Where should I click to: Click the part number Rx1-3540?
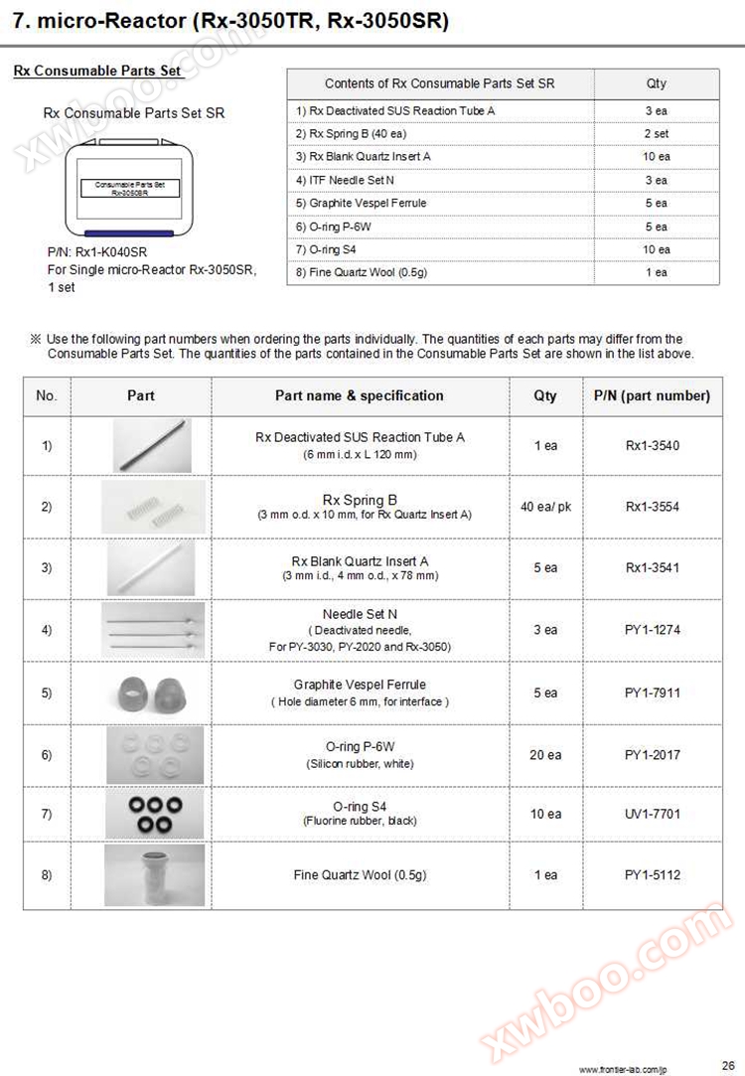[653, 446]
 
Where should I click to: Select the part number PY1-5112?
[653, 875]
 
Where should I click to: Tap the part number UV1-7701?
[653, 814]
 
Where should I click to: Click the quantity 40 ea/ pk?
[545, 507]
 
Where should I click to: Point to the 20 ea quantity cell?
[545, 755]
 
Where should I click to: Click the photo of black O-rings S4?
[154, 814]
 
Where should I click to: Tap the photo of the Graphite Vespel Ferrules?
[154, 692]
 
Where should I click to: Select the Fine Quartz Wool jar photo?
[154, 874]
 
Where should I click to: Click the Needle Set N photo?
[154, 630]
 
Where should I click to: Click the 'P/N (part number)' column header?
[653, 395]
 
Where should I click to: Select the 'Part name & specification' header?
[360, 395]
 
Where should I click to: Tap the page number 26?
[728, 1060]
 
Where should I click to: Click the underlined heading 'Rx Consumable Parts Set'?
[97, 72]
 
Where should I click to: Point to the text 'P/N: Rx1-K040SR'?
[97, 252]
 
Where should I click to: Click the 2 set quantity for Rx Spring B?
[656, 133]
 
